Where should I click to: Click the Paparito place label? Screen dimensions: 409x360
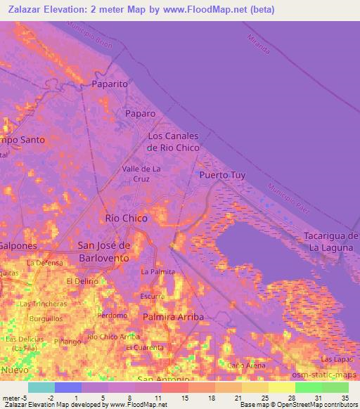(109, 84)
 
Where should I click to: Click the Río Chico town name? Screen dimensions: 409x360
(126, 219)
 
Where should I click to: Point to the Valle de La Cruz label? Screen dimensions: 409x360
(141, 174)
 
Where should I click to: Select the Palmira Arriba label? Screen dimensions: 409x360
(173, 317)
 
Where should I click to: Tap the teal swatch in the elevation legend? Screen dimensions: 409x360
(41, 387)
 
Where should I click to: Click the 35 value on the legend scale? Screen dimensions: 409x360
(345, 397)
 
